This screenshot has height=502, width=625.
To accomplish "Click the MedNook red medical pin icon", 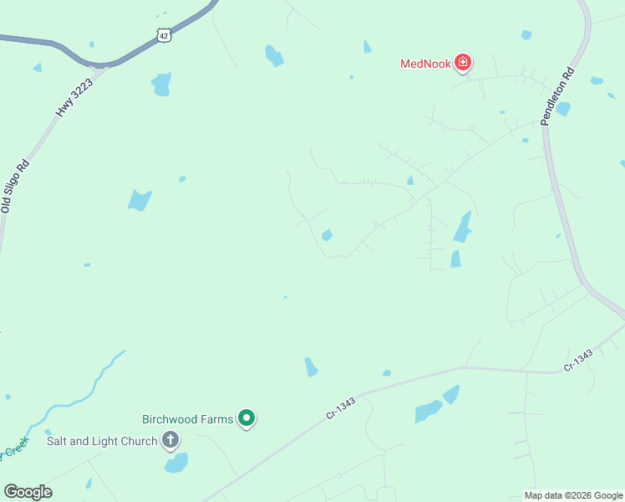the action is click(x=462, y=62).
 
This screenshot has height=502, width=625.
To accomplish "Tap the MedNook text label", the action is click(x=425, y=63).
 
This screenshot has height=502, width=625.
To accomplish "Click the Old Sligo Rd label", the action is click(x=16, y=186).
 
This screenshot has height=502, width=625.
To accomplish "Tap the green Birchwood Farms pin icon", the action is click(x=246, y=417).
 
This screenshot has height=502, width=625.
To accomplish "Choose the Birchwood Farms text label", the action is click(x=186, y=418).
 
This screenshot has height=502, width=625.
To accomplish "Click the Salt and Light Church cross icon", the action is click(x=170, y=440).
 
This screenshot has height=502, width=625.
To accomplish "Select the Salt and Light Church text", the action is click(x=102, y=441).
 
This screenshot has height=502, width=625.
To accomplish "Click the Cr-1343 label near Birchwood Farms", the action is click(x=341, y=408).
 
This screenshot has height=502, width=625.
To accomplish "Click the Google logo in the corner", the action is click(x=28, y=492).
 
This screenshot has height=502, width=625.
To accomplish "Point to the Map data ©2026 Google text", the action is click(x=574, y=495).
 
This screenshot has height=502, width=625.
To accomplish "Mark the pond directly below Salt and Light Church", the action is click(x=176, y=463).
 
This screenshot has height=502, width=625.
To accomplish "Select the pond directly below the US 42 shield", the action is click(x=161, y=84).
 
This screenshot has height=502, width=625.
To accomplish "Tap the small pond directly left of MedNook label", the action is click(x=367, y=47).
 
